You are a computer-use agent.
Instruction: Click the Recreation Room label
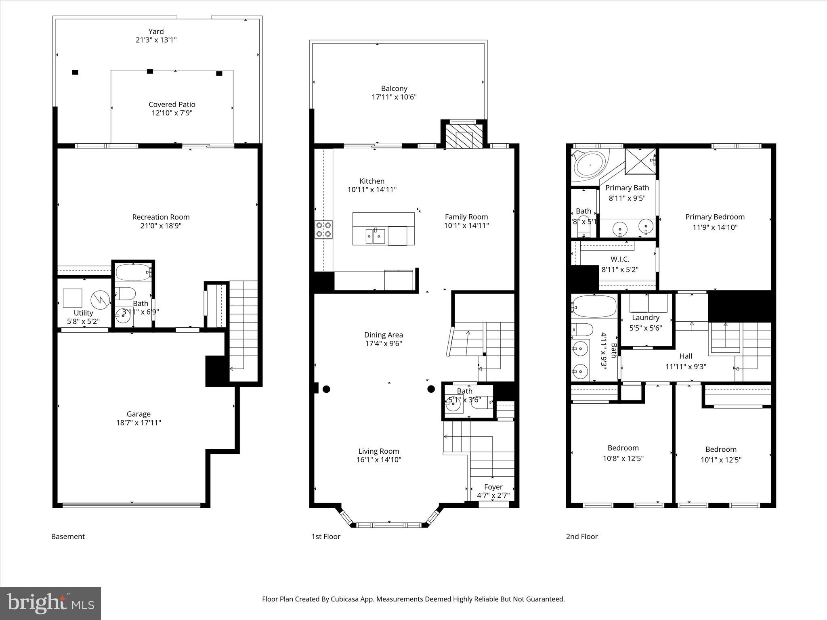(x=161, y=217)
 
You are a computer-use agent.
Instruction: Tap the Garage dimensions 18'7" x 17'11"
(x=139, y=423)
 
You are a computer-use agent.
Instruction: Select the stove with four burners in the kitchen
(x=324, y=229)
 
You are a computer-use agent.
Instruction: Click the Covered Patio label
(x=172, y=105)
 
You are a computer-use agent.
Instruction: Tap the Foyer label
(x=493, y=487)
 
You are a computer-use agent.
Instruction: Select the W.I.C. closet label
(x=620, y=259)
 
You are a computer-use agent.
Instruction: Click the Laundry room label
(x=645, y=318)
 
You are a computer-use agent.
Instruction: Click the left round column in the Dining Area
(x=327, y=389)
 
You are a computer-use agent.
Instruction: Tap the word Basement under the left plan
(x=68, y=536)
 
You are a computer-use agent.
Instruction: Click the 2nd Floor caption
(x=581, y=536)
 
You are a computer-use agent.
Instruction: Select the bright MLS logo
(x=50, y=603)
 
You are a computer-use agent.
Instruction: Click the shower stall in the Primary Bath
(x=640, y=161)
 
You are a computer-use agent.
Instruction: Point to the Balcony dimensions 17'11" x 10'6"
(x=394, y=97)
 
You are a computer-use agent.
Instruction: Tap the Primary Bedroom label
(x=715, y=217)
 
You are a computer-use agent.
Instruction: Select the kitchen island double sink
(x=376, y=236)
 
